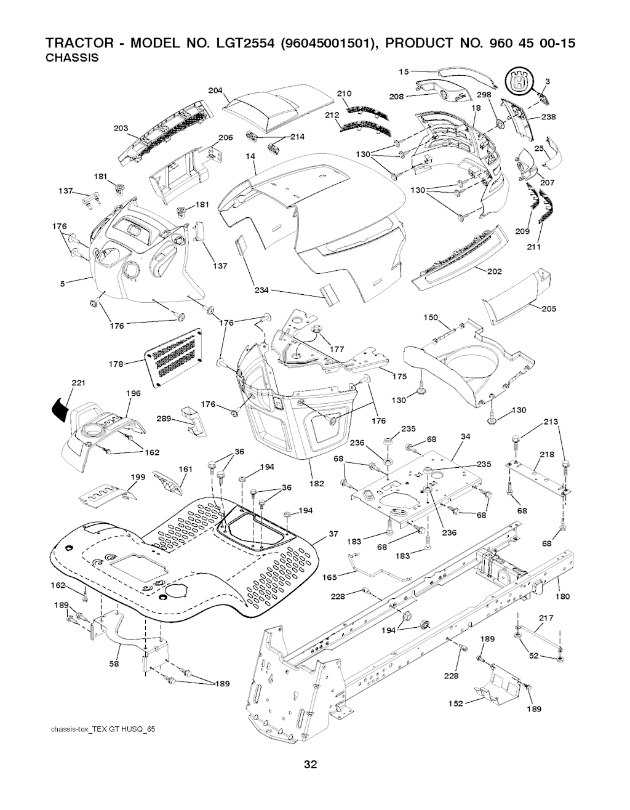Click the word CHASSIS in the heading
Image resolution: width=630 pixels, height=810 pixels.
click(73, 58)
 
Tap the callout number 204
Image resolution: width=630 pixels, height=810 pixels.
click(215, 90)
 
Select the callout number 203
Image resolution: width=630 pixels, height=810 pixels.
click(121, 128)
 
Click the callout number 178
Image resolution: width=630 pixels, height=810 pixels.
click(117, 364)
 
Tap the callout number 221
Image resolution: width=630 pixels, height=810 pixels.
click(78, 383)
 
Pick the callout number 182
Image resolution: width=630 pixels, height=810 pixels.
click(316, 484)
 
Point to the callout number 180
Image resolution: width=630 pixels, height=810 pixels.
click(562, 596)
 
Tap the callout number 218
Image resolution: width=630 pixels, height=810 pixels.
click(547, 455)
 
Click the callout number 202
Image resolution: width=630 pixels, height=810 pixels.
click(494, 271)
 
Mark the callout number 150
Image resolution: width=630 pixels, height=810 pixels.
click(431, 318)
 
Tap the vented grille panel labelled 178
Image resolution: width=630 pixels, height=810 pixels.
click(174, 356)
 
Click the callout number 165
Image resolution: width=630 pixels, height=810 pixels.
click(330, 577)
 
